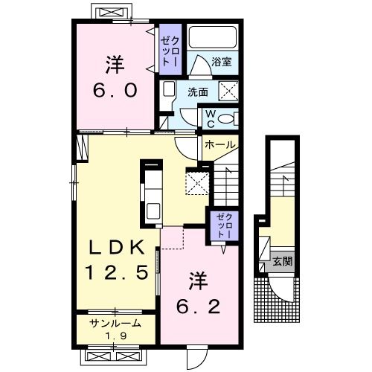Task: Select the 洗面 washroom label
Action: pyautogui.click(x=197, y=92)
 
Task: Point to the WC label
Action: pyautogui.click(x=211, y=118)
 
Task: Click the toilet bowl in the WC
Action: pyautogui.click(x=229, y=118)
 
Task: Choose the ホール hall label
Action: pyautogui.click(x=219, y=144)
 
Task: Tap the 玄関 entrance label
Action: pyautogui.click(x=281, y=261)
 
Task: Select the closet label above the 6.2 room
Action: pyautogui.click(x=224, y=225)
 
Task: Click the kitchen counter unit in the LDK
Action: pyautogui.click(x=152, y=192)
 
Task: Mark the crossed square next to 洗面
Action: pyautogui.click(x=228, y=92)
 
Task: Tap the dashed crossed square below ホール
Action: pyautogui.click(x=195, y=182)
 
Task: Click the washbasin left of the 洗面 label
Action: pyautogui.click(x=168, y=92)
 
